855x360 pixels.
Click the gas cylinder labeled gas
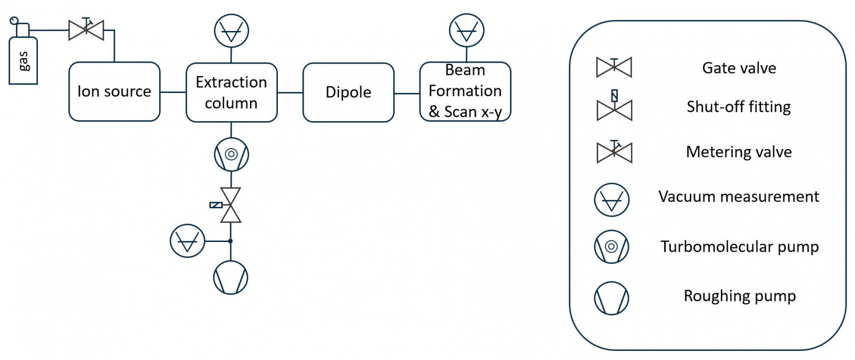(23, 60)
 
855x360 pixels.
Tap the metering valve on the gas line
(86, 30)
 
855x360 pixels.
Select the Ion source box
(114, 91)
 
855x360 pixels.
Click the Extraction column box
(231, 92)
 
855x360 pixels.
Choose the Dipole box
(348, 92)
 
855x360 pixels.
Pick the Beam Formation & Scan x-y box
(465, 91)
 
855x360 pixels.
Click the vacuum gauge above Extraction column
(231, 31)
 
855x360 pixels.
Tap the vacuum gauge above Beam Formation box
(467, 31)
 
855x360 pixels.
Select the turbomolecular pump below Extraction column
(231, 154)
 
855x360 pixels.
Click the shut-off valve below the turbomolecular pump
(231, 205)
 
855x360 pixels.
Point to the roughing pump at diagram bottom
(231, 278)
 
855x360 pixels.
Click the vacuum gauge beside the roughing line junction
(188, 241)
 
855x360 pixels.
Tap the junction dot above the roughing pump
(231, 241)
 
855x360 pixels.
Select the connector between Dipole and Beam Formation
(407, 93)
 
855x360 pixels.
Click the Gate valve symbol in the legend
(614, 67)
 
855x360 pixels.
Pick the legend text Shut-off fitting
(739, 107)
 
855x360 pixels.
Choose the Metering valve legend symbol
(614, 152)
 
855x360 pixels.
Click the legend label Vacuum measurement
(739, 197)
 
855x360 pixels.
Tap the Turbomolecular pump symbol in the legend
(612, 246)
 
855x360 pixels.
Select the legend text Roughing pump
(740, 296)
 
